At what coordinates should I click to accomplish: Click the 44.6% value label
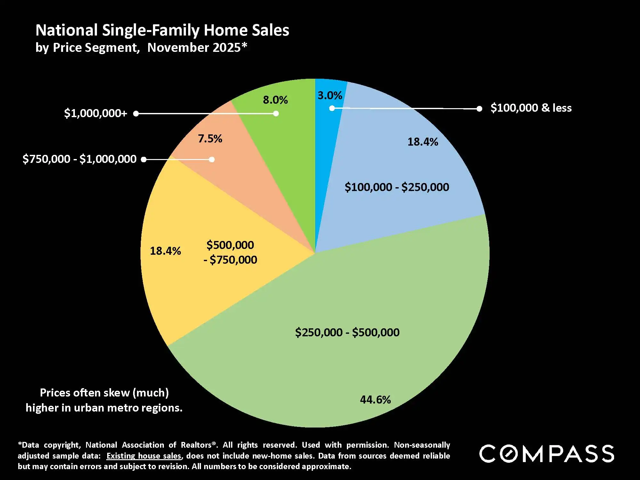point(375,400)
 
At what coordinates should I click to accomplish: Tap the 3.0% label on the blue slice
point(330,95)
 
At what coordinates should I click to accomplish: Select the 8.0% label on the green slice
point(275,100)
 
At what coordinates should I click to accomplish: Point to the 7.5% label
point(210,139)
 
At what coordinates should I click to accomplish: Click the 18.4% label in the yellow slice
point(165,251)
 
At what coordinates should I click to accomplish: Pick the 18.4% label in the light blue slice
point(423,142)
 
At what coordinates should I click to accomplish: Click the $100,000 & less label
point(531,108)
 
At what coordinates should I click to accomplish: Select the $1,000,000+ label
point(96,113)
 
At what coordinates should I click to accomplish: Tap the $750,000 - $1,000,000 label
point(79,159)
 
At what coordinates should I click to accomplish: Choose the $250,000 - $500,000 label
point(347,332)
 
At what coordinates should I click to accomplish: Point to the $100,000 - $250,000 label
point(397,187)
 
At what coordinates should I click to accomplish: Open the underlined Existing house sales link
point(144,456)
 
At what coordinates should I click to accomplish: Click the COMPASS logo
point(547,453)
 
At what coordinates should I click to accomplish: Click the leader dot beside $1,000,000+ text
point(136,114)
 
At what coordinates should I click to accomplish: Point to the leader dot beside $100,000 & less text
point(479,109)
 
